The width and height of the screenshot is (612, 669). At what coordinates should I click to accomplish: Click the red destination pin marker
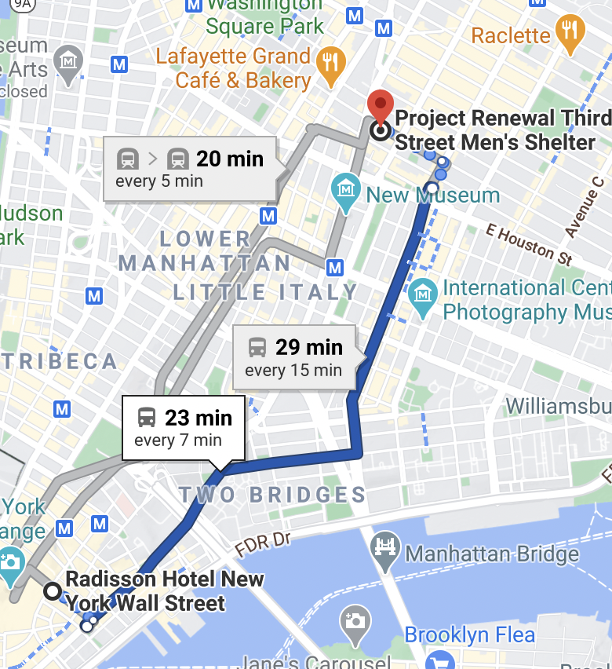point(381,108)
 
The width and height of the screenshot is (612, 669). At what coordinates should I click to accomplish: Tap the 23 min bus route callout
point(184,427)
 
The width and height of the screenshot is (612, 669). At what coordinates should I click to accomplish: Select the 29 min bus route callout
point(294,357)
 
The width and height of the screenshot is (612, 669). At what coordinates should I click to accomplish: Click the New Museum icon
point(345,190)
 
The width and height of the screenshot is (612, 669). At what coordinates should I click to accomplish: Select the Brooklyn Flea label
point(469,634)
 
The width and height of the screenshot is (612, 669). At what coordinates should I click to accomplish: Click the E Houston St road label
point(529,243)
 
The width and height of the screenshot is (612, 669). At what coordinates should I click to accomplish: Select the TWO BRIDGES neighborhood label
point(272,495)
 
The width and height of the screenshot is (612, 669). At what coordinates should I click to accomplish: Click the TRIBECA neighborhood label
point(59,361)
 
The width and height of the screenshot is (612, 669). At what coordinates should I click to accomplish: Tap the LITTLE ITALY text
point(265,292)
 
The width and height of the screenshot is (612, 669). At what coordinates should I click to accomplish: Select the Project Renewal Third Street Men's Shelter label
point(502,130)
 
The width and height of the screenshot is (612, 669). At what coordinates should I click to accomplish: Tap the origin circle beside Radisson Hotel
point(53,591)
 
